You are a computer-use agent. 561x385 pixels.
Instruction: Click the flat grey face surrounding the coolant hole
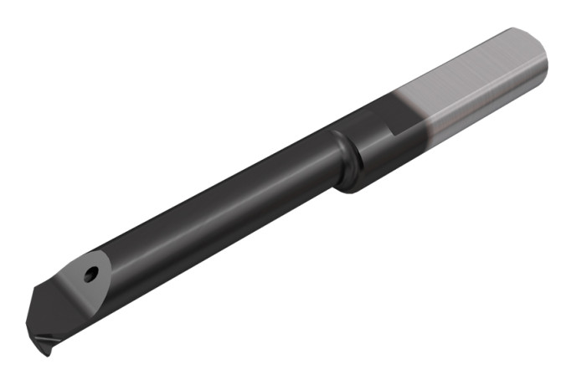pyautogui.click(x=80, y=289)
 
